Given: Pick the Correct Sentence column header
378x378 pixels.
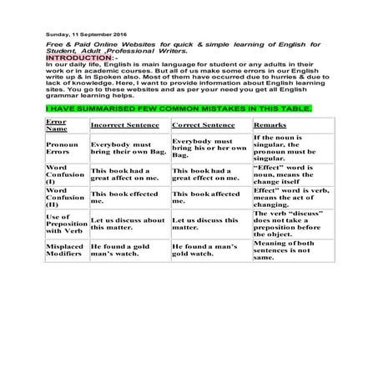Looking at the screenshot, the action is coord(204,124).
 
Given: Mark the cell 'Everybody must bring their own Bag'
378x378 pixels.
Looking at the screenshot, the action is coord(126,149).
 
